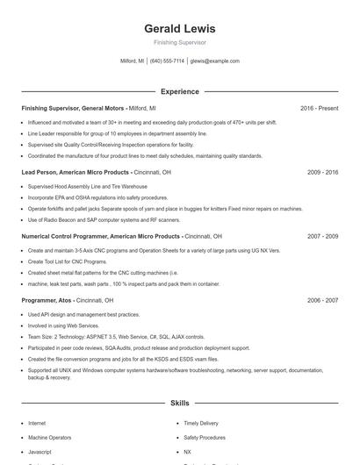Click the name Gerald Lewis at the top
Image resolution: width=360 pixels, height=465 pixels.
[179, 29]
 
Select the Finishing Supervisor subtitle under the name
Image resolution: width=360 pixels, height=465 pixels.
[179, 42]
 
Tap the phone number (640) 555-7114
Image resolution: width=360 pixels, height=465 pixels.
[167, 61]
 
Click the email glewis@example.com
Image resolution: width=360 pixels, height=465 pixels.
[214, 61]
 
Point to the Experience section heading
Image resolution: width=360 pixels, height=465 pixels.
[179, 91]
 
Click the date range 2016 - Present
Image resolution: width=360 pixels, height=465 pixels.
[319, 108]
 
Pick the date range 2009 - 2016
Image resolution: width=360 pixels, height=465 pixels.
[322, 173]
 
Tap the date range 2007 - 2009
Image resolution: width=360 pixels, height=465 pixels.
[322, 237]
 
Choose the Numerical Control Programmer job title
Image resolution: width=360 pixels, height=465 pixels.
[101, 237]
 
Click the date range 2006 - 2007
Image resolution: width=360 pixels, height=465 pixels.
[322, 300]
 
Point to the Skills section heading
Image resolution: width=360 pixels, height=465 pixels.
[179, 404]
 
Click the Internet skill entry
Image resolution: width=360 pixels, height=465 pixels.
[37, 423]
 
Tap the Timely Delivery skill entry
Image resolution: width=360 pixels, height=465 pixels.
[202, 423]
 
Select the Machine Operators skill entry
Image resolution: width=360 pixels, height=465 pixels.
[49, 437]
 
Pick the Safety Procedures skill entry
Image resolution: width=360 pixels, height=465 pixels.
[205, 437]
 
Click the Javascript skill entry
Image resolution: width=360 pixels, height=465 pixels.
[40, 451]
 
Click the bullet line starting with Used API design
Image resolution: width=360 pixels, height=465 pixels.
[83, 314]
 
